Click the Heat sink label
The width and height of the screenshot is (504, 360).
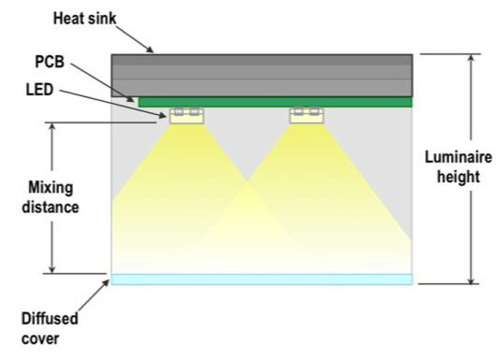(84, 19)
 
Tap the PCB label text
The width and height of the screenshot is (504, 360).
(50, 62)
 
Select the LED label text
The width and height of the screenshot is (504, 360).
(39, 90)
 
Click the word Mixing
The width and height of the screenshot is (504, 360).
(50, 188)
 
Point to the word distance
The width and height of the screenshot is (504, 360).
(50, 207)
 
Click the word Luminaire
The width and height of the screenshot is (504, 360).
(458, 157)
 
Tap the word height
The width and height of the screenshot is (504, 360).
(458, 177)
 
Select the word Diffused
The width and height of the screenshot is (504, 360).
(50, 319)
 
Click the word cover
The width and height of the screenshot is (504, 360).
(40, 339)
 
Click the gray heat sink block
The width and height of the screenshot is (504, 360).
(262, 76)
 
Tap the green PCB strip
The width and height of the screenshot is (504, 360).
(276, 102)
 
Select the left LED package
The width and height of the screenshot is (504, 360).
(187, 116)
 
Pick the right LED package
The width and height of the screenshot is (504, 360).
(307, 116)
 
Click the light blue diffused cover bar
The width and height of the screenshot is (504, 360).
(262, 280)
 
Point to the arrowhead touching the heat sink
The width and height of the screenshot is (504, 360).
(151, 50)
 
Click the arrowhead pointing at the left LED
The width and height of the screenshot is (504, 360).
(162, 115)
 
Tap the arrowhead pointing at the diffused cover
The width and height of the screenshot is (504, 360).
(106, 283)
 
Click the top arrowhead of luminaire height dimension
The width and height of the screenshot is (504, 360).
(471, 59)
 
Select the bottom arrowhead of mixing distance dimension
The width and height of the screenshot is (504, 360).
(52, 269)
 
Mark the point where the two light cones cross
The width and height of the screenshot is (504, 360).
(247, 181)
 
